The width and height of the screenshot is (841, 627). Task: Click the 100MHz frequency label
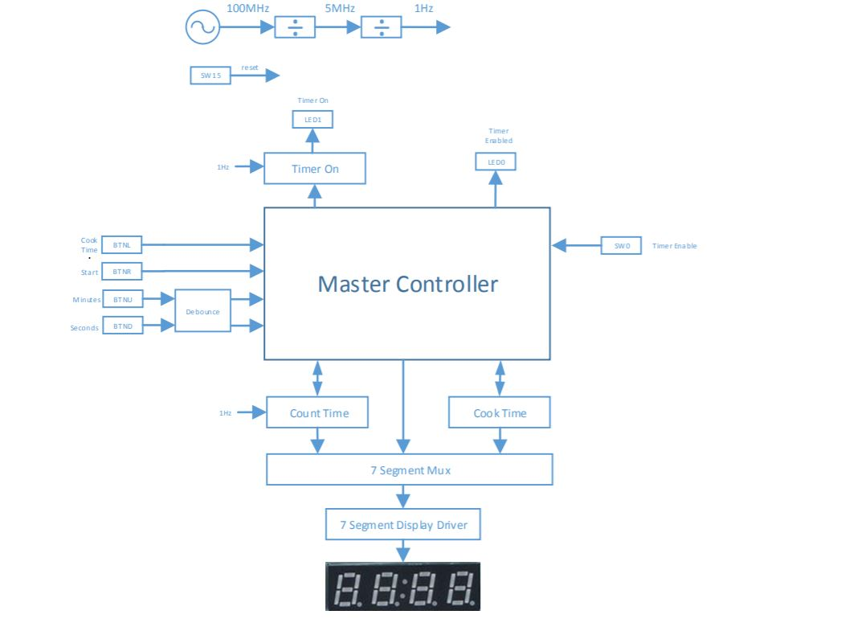tap(247, 8)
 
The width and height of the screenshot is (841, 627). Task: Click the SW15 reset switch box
tap(210, 76)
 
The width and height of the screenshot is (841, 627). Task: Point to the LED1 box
tap(312, 120)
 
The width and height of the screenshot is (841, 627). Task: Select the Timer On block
tap(315, 169)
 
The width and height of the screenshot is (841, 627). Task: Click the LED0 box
tap(496, 162)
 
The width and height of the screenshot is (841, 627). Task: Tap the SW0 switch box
tap(622, 245)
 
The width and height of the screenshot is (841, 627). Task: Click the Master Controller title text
tap(407, 284)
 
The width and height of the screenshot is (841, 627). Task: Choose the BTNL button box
tap(122, 244)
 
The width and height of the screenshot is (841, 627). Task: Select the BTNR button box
tap(122, 273)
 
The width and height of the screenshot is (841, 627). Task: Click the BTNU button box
tap(122, 299)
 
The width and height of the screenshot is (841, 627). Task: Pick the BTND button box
tap(122, 326)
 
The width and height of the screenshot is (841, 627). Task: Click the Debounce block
tap(202, 310)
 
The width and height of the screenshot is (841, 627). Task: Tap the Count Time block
tap(318, 413)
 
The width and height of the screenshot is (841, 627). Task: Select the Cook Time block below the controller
tap(500, 413)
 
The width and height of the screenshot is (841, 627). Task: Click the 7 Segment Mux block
tap(410, 469)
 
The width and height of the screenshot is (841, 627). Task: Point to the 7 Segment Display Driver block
tap(402, 525)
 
